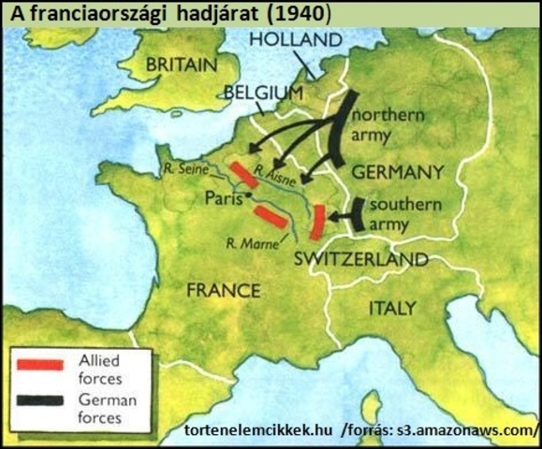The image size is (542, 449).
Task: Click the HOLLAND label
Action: click(x=296, y=41)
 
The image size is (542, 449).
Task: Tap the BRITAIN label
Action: click(x=181, y=66)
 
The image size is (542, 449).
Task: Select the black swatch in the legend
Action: click(x=41, y=399)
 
